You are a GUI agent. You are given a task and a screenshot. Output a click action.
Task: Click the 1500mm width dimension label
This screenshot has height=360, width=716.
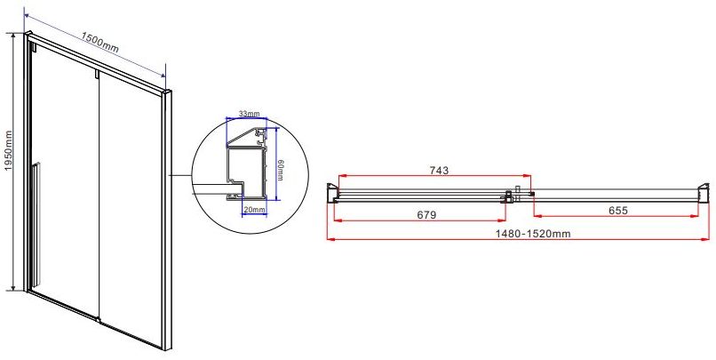[x=100, y=42]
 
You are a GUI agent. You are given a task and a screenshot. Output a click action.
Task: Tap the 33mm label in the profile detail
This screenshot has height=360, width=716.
[x=250, y=113]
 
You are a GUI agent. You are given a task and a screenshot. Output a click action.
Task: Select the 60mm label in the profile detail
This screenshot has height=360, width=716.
[x=280, y=170]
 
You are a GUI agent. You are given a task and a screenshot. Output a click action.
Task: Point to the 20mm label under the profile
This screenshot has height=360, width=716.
[x=254, y=210]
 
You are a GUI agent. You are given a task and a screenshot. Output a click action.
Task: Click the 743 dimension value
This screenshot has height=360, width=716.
[x=439, y=171]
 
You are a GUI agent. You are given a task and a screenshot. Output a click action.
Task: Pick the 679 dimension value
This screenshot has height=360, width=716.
[x=426, y=214]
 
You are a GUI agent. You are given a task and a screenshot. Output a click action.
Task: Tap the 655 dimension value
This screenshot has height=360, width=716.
[x=618, y=210]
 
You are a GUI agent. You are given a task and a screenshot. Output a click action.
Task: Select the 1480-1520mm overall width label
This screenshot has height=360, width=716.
[x=533, y=234]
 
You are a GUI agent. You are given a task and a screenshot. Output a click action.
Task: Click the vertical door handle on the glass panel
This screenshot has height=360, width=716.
[x=36, y=224]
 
